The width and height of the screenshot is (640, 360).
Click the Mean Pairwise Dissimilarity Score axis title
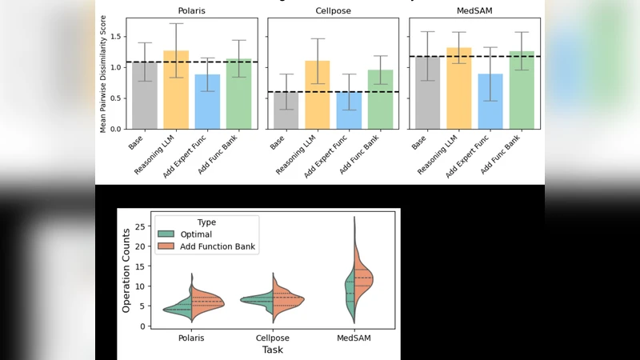click(x=103, y=74)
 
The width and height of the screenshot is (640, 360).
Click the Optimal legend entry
click(x=196, y=234)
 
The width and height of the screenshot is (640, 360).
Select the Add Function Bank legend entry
click(x=217, y=247)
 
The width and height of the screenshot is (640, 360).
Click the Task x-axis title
click(x=273, y=350)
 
